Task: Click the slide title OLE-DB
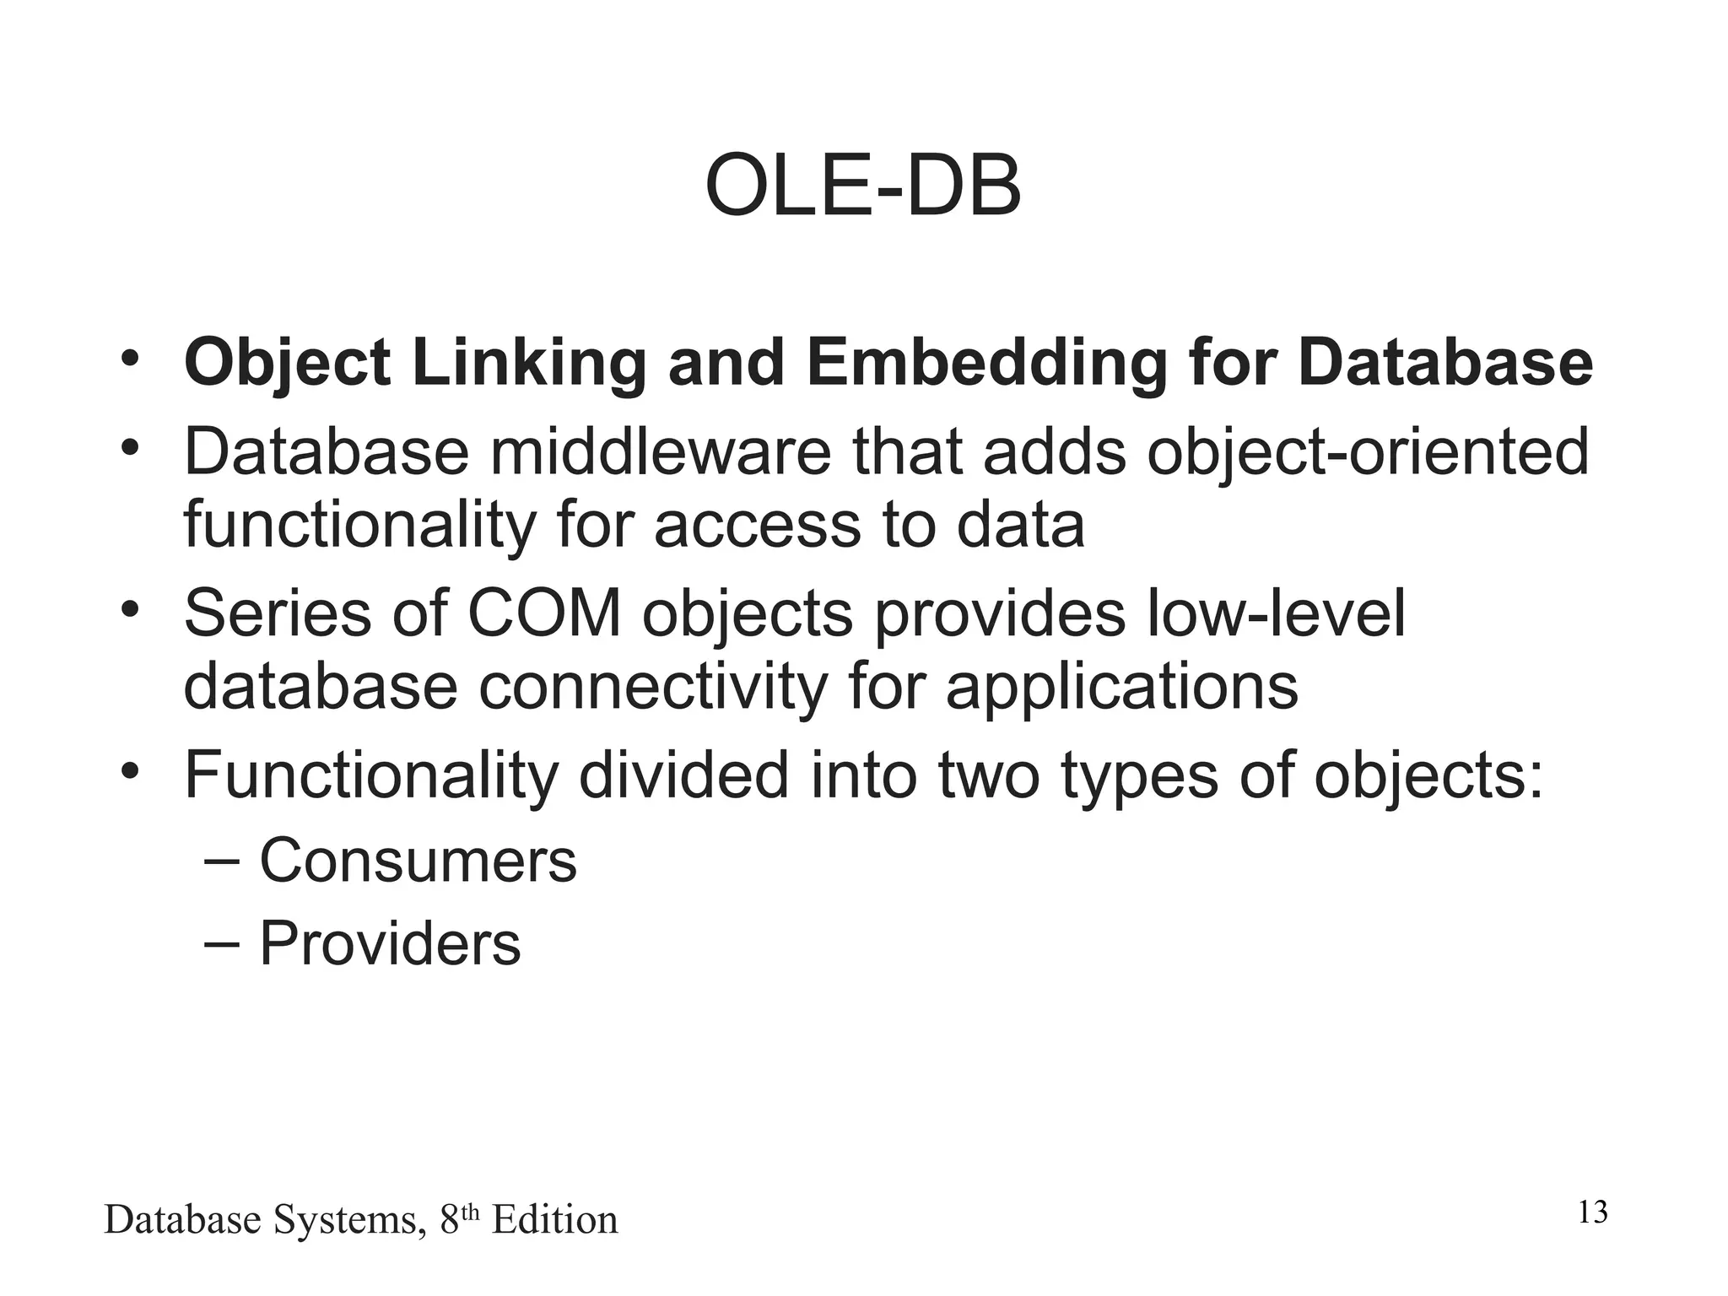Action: point(862,186)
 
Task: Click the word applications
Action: point(1121,688)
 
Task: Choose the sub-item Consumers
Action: point(418,861)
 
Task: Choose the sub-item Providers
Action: point(390,943)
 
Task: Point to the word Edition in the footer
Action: point(554,1220)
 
